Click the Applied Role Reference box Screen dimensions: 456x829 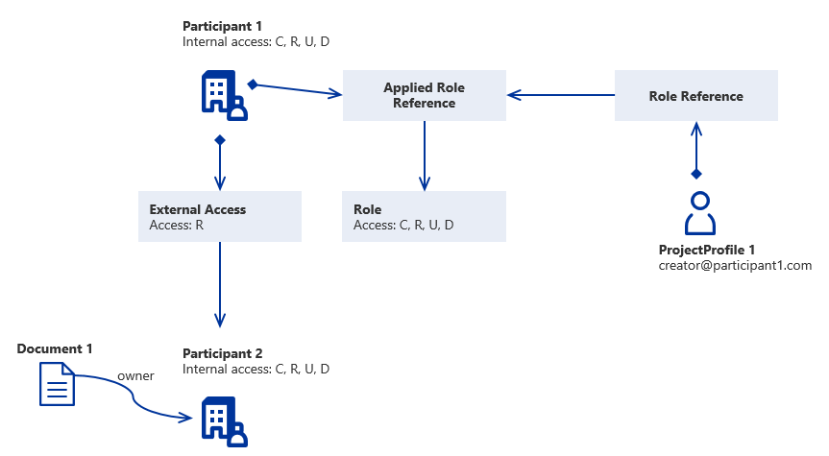pos(425,96)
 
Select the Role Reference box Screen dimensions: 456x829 pos(695,96)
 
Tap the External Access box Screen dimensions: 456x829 pos(220,216)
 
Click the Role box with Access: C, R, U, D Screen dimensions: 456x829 pos(424,216)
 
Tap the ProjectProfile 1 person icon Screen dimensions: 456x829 pos(700,213)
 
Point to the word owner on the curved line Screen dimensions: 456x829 pos(135,376)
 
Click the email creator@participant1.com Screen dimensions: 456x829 pos(735,265)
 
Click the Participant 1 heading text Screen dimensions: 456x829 pos(222,26)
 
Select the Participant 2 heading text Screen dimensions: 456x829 pos(222,353)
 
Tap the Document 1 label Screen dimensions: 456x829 pos(55,348)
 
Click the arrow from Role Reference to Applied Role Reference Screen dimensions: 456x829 pos(561,95)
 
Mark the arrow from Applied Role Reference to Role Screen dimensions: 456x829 pos(424,154)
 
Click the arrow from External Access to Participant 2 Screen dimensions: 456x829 pos(220,283)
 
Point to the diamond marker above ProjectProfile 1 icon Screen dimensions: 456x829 pos(696,174)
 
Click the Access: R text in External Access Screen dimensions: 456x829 pos(177,226)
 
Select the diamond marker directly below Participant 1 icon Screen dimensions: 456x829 pos(220,140)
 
